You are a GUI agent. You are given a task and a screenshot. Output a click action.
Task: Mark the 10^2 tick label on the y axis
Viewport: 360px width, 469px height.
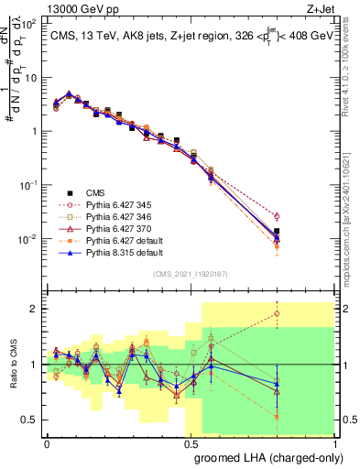tap(27, 25)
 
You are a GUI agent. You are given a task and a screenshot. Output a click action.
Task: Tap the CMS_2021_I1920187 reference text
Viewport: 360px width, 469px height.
tap(191, 272)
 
